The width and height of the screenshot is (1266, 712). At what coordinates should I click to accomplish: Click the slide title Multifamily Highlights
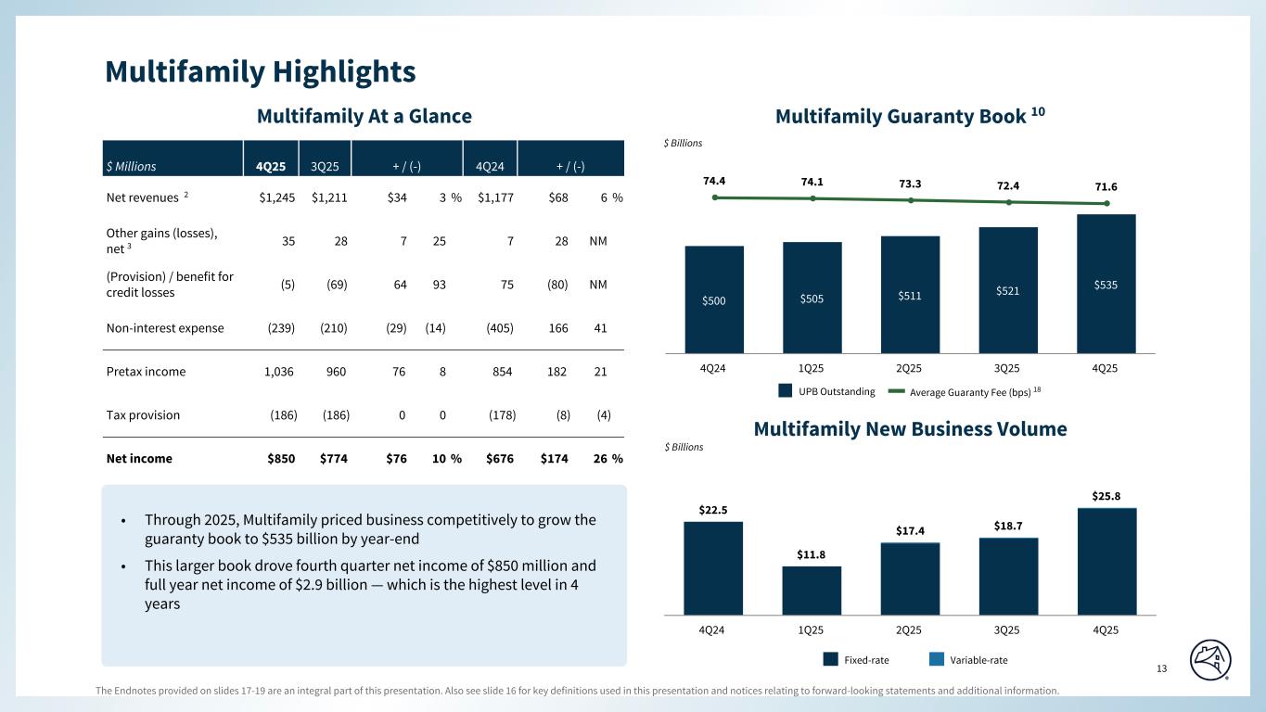[x=260, y=71]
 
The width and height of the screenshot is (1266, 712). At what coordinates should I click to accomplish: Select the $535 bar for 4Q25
[x=1106, y=284]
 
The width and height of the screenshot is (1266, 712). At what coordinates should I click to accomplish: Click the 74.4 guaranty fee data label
[x=714, y=183]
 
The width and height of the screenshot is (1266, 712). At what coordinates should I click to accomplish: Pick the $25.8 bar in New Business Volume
[x=1106, y=560]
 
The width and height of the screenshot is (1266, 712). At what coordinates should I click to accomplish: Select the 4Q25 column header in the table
[x=270, y=167]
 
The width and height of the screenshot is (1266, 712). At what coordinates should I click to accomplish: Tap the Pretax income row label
[x=145, y=372]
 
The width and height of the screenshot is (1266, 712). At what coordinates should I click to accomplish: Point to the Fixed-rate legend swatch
[x=831, y=660]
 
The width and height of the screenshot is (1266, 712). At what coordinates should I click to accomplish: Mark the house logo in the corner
[x=1211, y=659]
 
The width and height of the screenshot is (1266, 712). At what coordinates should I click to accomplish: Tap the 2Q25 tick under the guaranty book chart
[x=909, y=368]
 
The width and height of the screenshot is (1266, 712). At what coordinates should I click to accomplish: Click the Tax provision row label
[x=142, y=415]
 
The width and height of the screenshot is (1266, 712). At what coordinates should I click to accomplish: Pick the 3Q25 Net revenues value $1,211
[x=330, y=197]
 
